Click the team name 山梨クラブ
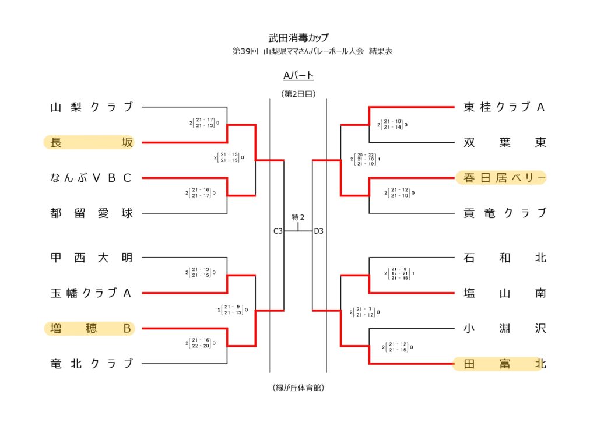(92, 107)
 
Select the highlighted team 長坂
(92, 142)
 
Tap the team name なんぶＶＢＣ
(92, 178)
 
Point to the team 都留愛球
(92, 213)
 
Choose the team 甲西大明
(92, 258)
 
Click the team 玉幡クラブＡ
(92, 293)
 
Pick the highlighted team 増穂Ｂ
(92, 329)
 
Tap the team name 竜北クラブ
(92, 364)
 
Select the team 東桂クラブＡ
(504, 107)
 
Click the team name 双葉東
(504, 142)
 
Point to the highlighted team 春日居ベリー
(504, 178)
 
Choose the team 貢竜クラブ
(504, 213)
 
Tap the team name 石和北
(504, 258)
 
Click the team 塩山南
(504, 293)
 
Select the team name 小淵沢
(504, 329)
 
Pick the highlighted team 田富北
(504, 364)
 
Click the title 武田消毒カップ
(298, 38)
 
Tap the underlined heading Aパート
(298, 75)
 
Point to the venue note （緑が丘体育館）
(298, 388)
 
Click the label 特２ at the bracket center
(298, 217)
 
